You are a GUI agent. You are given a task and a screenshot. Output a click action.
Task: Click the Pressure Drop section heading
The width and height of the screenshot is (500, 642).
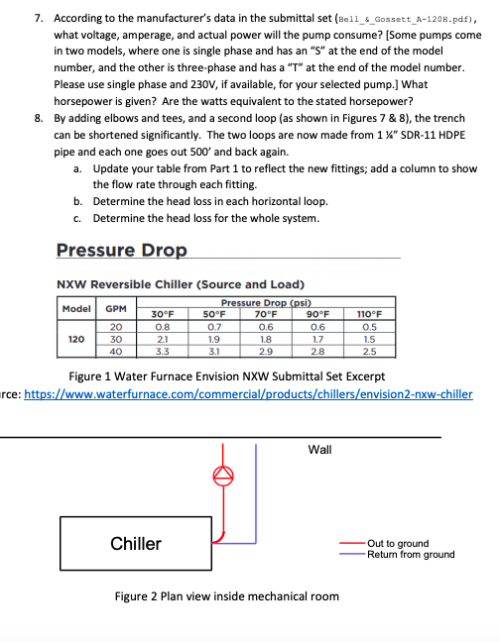pyautogui.click(x=121, y=250)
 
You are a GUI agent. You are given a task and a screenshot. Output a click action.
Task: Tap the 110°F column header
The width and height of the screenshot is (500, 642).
pyautogui.click(x=368, y=314)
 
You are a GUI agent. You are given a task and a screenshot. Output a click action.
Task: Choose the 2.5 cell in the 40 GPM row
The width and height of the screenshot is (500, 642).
pyautogui.click(x=368, y=350)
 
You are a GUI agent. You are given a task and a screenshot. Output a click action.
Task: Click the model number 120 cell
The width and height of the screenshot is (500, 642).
pyautogui.click(x=74, y=338)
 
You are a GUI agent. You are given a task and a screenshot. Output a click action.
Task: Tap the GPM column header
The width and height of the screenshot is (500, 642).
pyautogui.click(x=116, y=308)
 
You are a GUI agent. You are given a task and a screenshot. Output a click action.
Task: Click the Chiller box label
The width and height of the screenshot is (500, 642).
pyautogui.click(x=136, y=543)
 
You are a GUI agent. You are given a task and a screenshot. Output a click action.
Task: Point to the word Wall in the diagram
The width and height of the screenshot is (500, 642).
pyautogui.click(x=319, y=449)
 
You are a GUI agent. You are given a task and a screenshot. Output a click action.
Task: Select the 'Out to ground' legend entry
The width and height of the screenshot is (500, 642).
pyautogui.click(x=397, y=543)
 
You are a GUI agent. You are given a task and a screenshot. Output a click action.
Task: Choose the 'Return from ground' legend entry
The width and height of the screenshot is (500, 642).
pyautogui.click(x=410, y=554)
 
